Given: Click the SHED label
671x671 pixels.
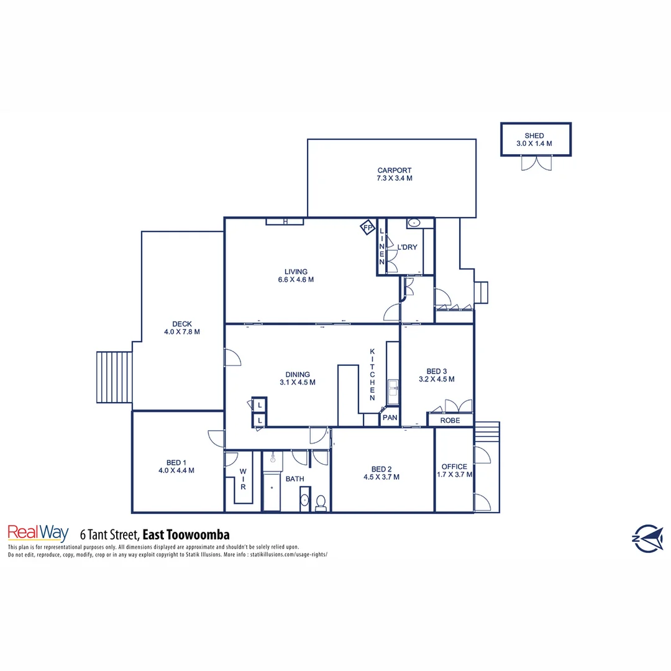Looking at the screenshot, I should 534,135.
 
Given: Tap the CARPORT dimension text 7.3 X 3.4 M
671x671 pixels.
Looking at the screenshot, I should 394,178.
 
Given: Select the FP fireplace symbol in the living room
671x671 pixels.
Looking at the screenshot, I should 367,228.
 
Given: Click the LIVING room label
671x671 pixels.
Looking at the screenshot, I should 296,272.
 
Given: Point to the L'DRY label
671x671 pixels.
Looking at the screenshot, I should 407,247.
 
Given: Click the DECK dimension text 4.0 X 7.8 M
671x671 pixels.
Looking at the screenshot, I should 182,332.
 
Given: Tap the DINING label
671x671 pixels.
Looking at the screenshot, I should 298,375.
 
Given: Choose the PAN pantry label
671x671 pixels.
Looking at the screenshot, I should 390,418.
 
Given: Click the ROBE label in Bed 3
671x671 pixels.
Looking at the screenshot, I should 450,420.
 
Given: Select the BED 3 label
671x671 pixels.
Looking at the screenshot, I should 436,370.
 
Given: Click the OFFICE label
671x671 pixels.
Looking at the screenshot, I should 454,467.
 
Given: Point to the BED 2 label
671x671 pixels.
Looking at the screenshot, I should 381,469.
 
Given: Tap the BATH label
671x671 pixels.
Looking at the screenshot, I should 294,479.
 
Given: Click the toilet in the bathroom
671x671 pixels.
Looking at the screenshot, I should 321,502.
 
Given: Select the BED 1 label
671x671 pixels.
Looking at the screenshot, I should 176,462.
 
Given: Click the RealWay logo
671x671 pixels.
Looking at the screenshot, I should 38,533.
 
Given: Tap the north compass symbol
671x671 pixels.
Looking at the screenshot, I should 647,538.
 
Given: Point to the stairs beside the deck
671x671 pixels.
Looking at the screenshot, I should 113,377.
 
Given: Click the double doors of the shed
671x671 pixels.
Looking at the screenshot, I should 535,163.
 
